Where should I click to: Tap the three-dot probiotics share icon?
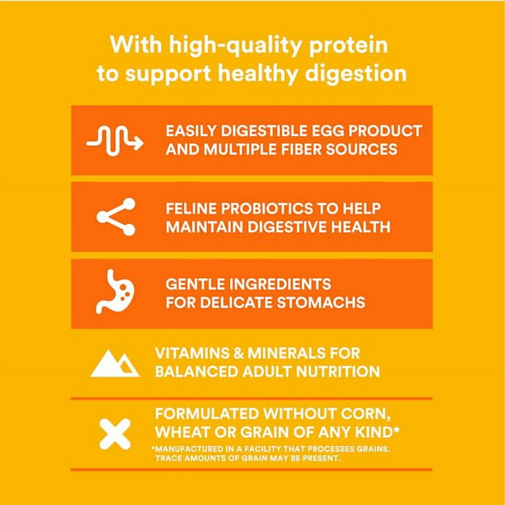point(116,217)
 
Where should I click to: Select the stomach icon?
point(115,291)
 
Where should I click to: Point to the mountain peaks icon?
point(115,363)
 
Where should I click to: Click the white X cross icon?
point(115,434)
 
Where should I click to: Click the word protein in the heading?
point(349,46)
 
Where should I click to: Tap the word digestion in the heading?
point(356,74)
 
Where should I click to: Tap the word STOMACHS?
point(321,302)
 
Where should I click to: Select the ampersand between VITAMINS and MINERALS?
point(238,353)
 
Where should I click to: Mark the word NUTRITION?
point(338,372)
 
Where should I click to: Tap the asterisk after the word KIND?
point(397,429)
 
